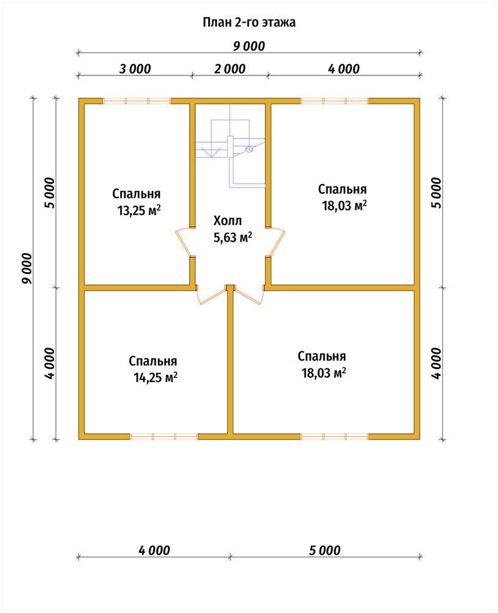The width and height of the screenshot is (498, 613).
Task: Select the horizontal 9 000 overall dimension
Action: [x=249, y=46]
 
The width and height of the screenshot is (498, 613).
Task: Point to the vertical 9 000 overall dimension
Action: [x=27, y=268]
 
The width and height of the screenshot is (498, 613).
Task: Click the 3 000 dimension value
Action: [x=135, y=69]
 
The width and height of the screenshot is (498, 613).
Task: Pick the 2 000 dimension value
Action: [x=230, y=69]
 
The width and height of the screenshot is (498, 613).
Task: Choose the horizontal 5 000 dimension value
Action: [x=325, y=550]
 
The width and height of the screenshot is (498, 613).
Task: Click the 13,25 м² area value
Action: [x=139, y=210]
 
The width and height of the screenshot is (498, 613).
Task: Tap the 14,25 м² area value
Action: [x=156, y=378]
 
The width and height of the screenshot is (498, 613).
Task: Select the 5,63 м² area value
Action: [x=232, y=237]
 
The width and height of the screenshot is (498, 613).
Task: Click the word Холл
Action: [x=228, y=221]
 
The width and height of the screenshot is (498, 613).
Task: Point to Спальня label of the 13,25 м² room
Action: [x=137, y=194]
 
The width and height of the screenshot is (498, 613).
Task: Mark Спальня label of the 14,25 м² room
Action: [x=153, y=361]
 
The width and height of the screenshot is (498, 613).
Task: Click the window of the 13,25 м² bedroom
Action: [x=137, y=101]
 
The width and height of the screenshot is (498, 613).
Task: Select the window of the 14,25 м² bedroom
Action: [x=164, y=436]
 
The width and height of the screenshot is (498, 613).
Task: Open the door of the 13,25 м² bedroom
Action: [x=184, y=242]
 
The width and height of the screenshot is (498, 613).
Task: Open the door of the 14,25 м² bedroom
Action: [x=211, y=295]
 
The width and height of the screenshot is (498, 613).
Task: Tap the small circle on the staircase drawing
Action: [x=249, y=150]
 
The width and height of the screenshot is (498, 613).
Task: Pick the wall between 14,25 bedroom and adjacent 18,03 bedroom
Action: [x=230, y=362]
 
